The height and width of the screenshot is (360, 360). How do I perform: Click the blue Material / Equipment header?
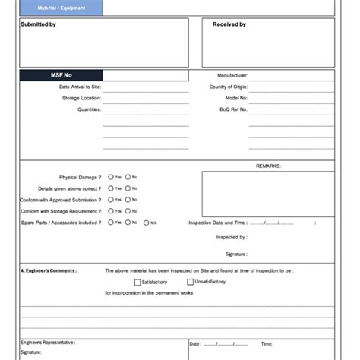pos(62,8)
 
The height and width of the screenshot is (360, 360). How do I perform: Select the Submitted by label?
pos(38,24)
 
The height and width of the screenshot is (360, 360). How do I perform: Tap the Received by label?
pos(229,24)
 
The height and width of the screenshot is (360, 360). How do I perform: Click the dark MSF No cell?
pos(61,75)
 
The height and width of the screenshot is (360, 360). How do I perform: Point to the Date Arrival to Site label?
pos(80,87)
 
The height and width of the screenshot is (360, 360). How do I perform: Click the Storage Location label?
pos(81,98)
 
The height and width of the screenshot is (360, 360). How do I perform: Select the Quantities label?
pos(89,109)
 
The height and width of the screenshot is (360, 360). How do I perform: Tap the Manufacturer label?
pos(232,76)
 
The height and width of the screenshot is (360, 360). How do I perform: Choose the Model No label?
pos(236,98)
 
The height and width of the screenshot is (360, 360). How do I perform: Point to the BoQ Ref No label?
pos(233,109)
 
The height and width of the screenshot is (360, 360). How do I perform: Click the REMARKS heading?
pos(268,165)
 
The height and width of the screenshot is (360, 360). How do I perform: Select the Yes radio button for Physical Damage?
pos(111,177)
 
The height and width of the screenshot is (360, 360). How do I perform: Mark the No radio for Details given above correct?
pos(128,188)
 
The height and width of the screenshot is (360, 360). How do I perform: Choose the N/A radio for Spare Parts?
pos(145,223)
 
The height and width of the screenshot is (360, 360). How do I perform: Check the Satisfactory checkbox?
pos(137,282)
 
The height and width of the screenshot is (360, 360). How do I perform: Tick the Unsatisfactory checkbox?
pos(190,282)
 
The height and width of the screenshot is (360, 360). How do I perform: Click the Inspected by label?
pos(232,237)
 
